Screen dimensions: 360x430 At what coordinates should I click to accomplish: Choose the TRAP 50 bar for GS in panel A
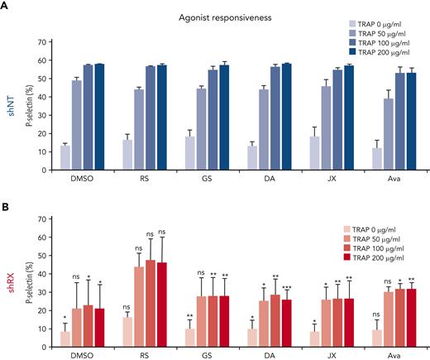click(x=200, y=129)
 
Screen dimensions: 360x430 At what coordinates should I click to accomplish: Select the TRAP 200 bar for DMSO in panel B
click(x=99, y=328)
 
